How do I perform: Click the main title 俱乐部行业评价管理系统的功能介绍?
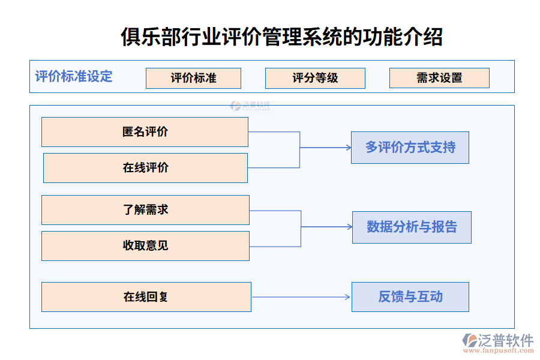(x=281, y=36)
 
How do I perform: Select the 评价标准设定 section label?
(x=74, y=77)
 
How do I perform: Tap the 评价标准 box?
(x=193, y=78)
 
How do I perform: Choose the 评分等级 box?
(x=315, y=78)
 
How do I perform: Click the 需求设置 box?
(x=439, y=78)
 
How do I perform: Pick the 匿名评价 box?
(x=145, y=132)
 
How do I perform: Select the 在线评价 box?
(x=145, y=168)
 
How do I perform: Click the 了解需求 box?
(x=145, y=210)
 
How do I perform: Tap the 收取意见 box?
(x=145, y=246)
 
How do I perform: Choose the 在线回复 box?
(x=146, y=296)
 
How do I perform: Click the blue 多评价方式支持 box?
(x=410, y=148)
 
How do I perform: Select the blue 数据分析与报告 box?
(x=412, y=227)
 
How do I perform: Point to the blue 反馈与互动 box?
(x=410, y=296)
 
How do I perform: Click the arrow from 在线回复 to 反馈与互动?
(x=300, y=297)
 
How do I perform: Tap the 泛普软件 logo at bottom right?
(x=498, y=340)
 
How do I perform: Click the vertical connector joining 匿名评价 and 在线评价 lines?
(x=300, y=150)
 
